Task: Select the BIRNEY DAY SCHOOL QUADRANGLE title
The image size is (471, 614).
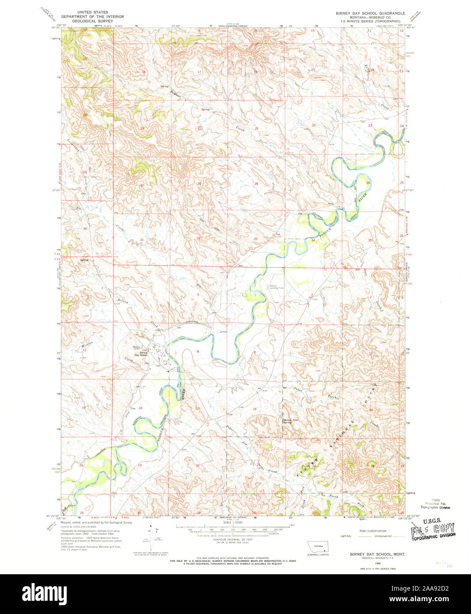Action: (x=370, y=13)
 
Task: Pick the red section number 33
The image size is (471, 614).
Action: (x=255, y=239)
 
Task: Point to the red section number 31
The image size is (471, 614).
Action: (x=142, y=240)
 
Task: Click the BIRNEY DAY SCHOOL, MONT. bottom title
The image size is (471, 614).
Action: (x=378, y=554)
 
